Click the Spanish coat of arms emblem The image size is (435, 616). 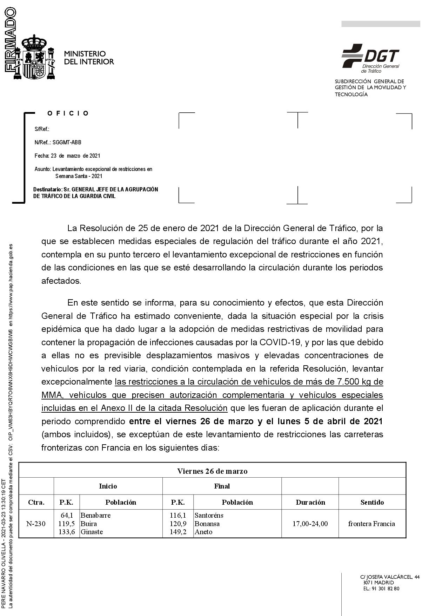34,57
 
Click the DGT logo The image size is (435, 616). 371,57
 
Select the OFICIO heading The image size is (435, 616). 68,113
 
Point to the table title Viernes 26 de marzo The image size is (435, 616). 212,471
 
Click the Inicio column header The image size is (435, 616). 108,486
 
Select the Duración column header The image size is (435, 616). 310,502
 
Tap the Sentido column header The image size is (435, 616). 372,502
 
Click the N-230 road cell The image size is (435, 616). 36,524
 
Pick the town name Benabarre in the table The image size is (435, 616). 95,515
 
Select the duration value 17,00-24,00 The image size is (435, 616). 310,524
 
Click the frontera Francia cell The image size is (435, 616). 372,524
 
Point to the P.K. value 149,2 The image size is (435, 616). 178,532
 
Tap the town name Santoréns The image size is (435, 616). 209,515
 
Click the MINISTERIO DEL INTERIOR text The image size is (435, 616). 89,58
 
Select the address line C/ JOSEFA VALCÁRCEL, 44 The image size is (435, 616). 390,577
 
